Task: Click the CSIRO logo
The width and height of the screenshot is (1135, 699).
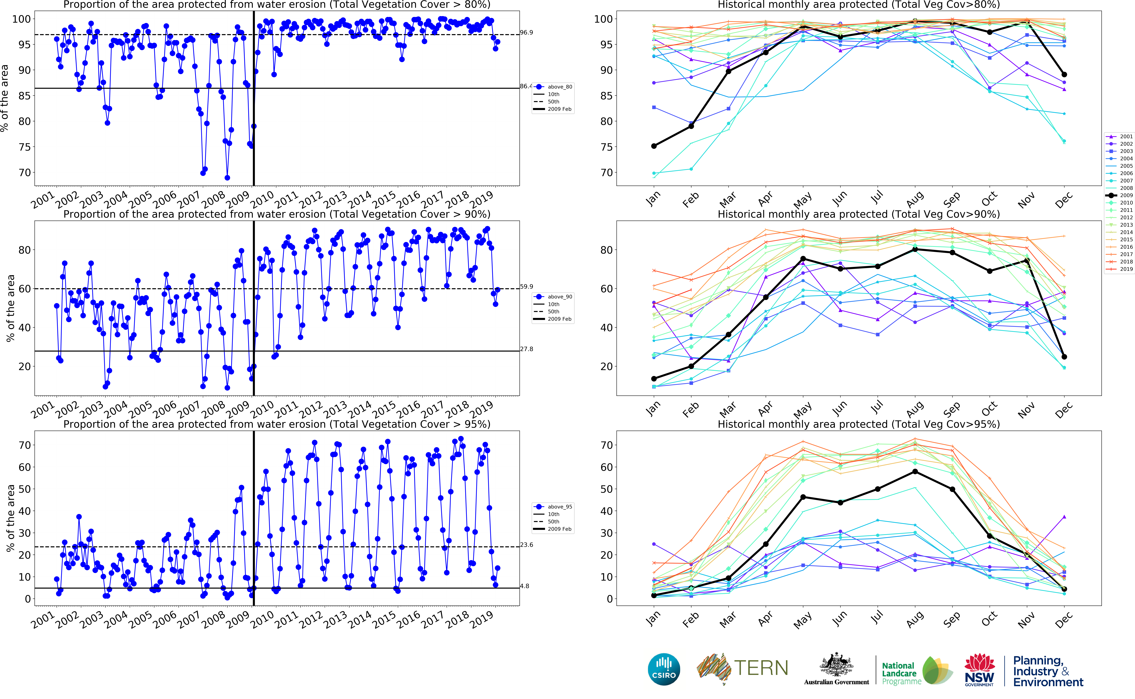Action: coord(664,669)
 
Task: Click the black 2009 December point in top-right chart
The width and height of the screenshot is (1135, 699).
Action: coord(1064,74)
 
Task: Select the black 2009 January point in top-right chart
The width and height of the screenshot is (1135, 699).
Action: coord(654,146)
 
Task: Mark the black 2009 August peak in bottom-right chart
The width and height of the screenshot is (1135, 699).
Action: coord(915,472)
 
